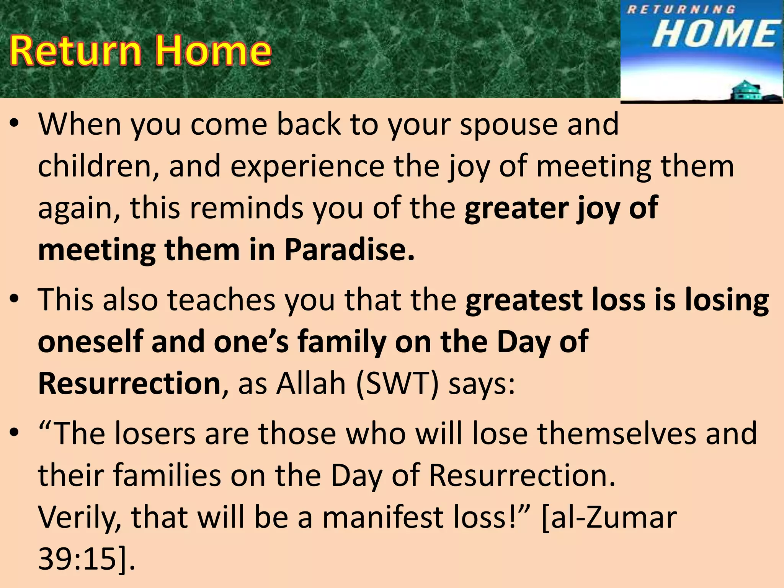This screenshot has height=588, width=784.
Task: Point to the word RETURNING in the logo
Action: tap(681, 10)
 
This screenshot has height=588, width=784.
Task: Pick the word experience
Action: tap(307, 167)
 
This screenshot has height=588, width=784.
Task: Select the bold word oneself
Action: tap(90, 341)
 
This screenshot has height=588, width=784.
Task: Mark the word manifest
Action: tap(383, 517)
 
